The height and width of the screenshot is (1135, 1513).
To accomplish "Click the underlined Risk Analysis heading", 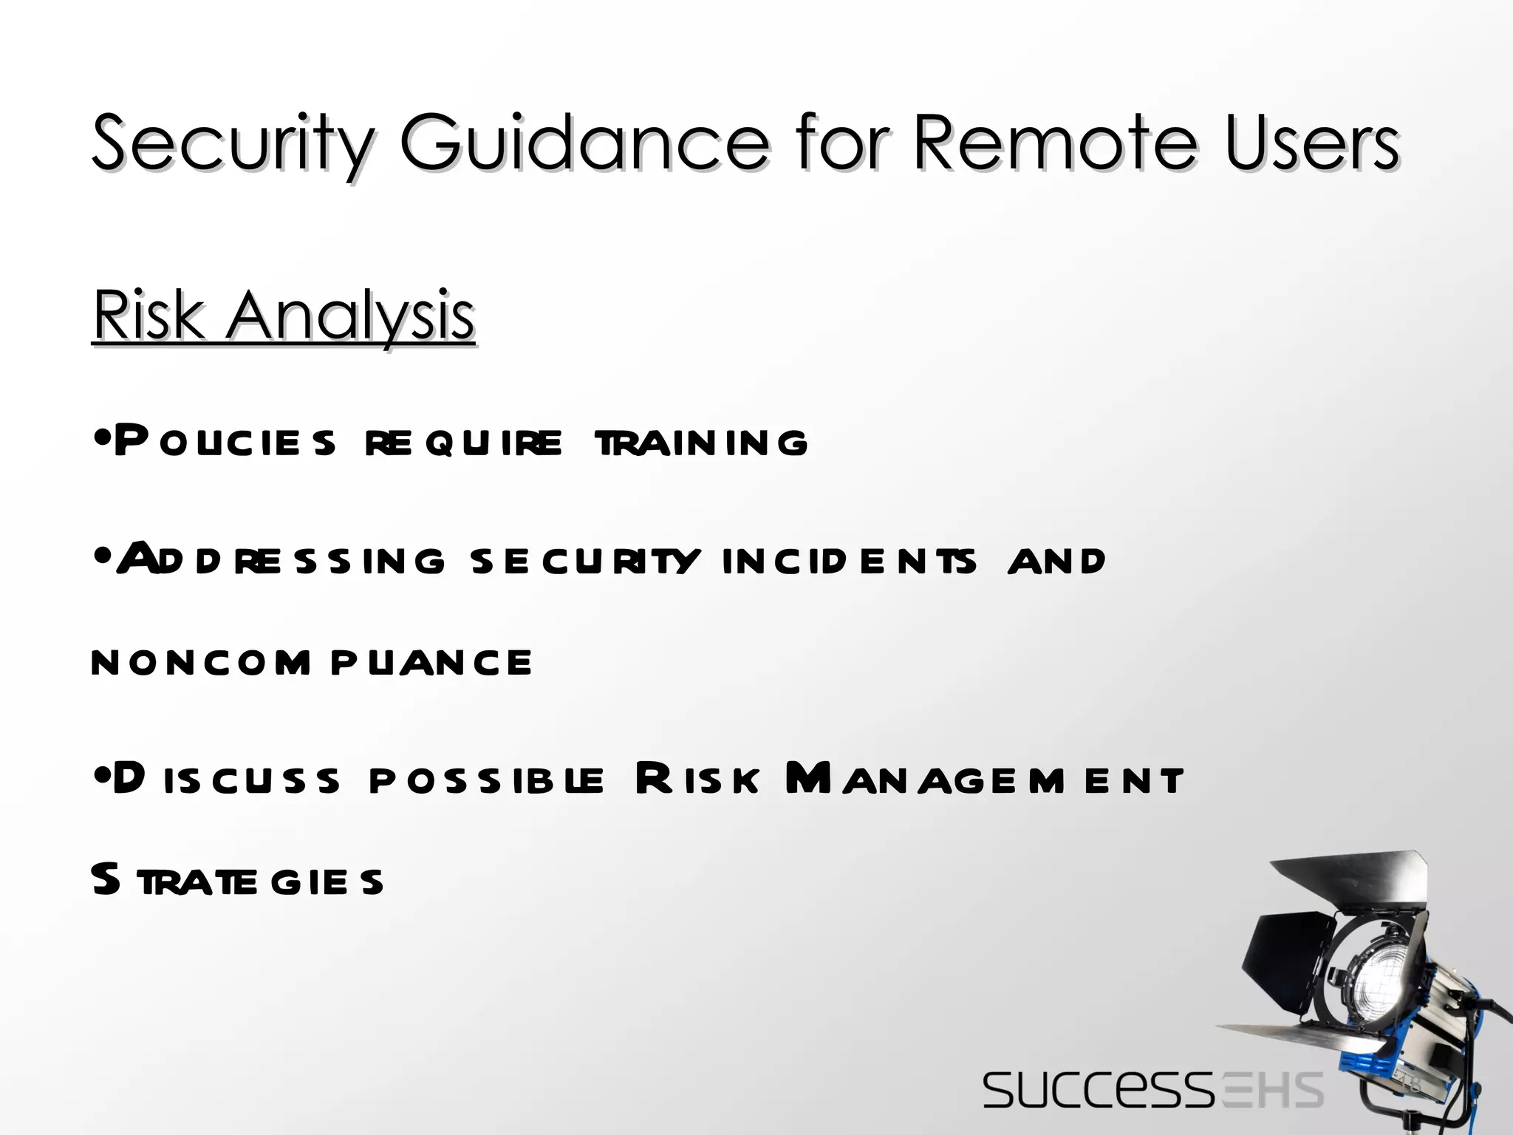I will [284, 316].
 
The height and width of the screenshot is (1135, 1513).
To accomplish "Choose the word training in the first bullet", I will [701, 443].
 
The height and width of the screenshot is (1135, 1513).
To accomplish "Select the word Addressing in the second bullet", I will [281, 559].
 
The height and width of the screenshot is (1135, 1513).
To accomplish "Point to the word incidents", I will [850, 561].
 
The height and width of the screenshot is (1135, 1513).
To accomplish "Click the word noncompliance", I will [311, 662].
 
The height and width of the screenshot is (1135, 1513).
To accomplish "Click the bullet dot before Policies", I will [103, 441].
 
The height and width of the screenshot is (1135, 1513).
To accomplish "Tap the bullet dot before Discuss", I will [103, 778].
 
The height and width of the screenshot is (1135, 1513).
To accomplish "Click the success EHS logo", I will [1152, 1089].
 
